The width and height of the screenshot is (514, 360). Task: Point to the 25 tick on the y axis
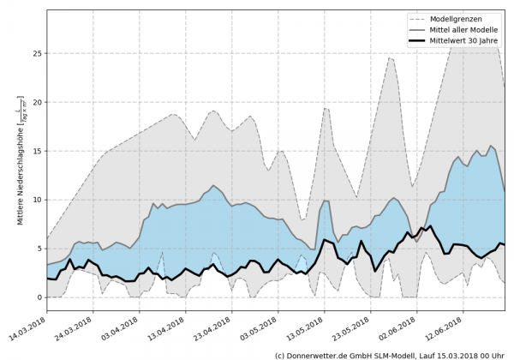click(35, 53)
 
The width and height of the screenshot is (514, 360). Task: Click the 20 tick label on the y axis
click(35, 102)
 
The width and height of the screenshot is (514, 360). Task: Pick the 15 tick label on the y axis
click(35, 151)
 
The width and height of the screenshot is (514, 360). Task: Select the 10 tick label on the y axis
click(35, 200)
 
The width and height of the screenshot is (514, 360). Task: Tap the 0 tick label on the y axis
click(38, 297)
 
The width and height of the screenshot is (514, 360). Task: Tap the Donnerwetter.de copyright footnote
click(389, 354)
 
